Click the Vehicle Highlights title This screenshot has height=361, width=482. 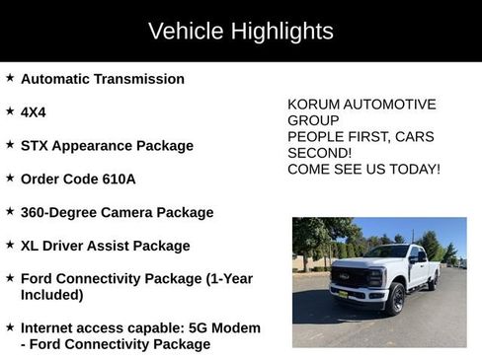point(240,31)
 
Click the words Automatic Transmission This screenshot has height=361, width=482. point(102,79)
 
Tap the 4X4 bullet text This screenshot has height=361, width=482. point(35,112)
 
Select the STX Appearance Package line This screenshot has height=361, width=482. point(107,146)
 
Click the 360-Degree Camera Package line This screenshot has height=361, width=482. point(117,212)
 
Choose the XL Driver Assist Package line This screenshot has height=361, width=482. point(105,246)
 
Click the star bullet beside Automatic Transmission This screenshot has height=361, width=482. point(10,78)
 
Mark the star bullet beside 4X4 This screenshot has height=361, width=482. point(10,111)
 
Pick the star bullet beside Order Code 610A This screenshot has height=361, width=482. point(10,179)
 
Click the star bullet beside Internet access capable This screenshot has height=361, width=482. point(10,326)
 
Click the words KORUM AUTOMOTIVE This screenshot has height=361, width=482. point(361,105)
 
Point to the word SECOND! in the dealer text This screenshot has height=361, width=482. point(319,153)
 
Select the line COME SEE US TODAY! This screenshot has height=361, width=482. point(363,170)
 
